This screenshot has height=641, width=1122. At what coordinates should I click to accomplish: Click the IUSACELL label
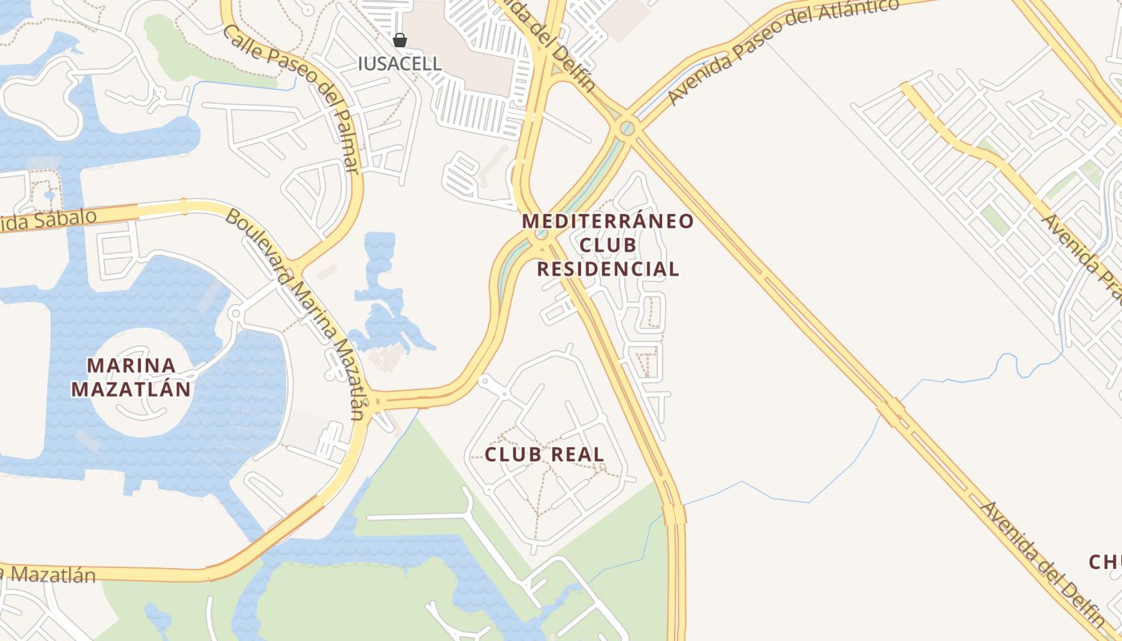[399, 63]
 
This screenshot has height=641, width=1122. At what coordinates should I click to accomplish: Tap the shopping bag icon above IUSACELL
[399, 40]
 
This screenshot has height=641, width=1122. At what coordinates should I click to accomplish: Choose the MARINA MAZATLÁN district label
[131, 377]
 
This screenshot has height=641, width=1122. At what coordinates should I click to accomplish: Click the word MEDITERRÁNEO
[607, 221]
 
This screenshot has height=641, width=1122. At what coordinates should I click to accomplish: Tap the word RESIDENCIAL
[607, 269]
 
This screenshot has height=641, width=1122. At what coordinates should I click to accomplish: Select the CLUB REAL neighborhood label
[544, 454]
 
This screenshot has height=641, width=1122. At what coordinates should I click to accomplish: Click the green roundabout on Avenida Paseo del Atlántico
[627, 127]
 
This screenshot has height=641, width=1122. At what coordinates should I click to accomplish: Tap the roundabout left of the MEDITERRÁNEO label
[540, 235]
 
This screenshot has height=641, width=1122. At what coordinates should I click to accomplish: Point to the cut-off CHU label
[1104, 562]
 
